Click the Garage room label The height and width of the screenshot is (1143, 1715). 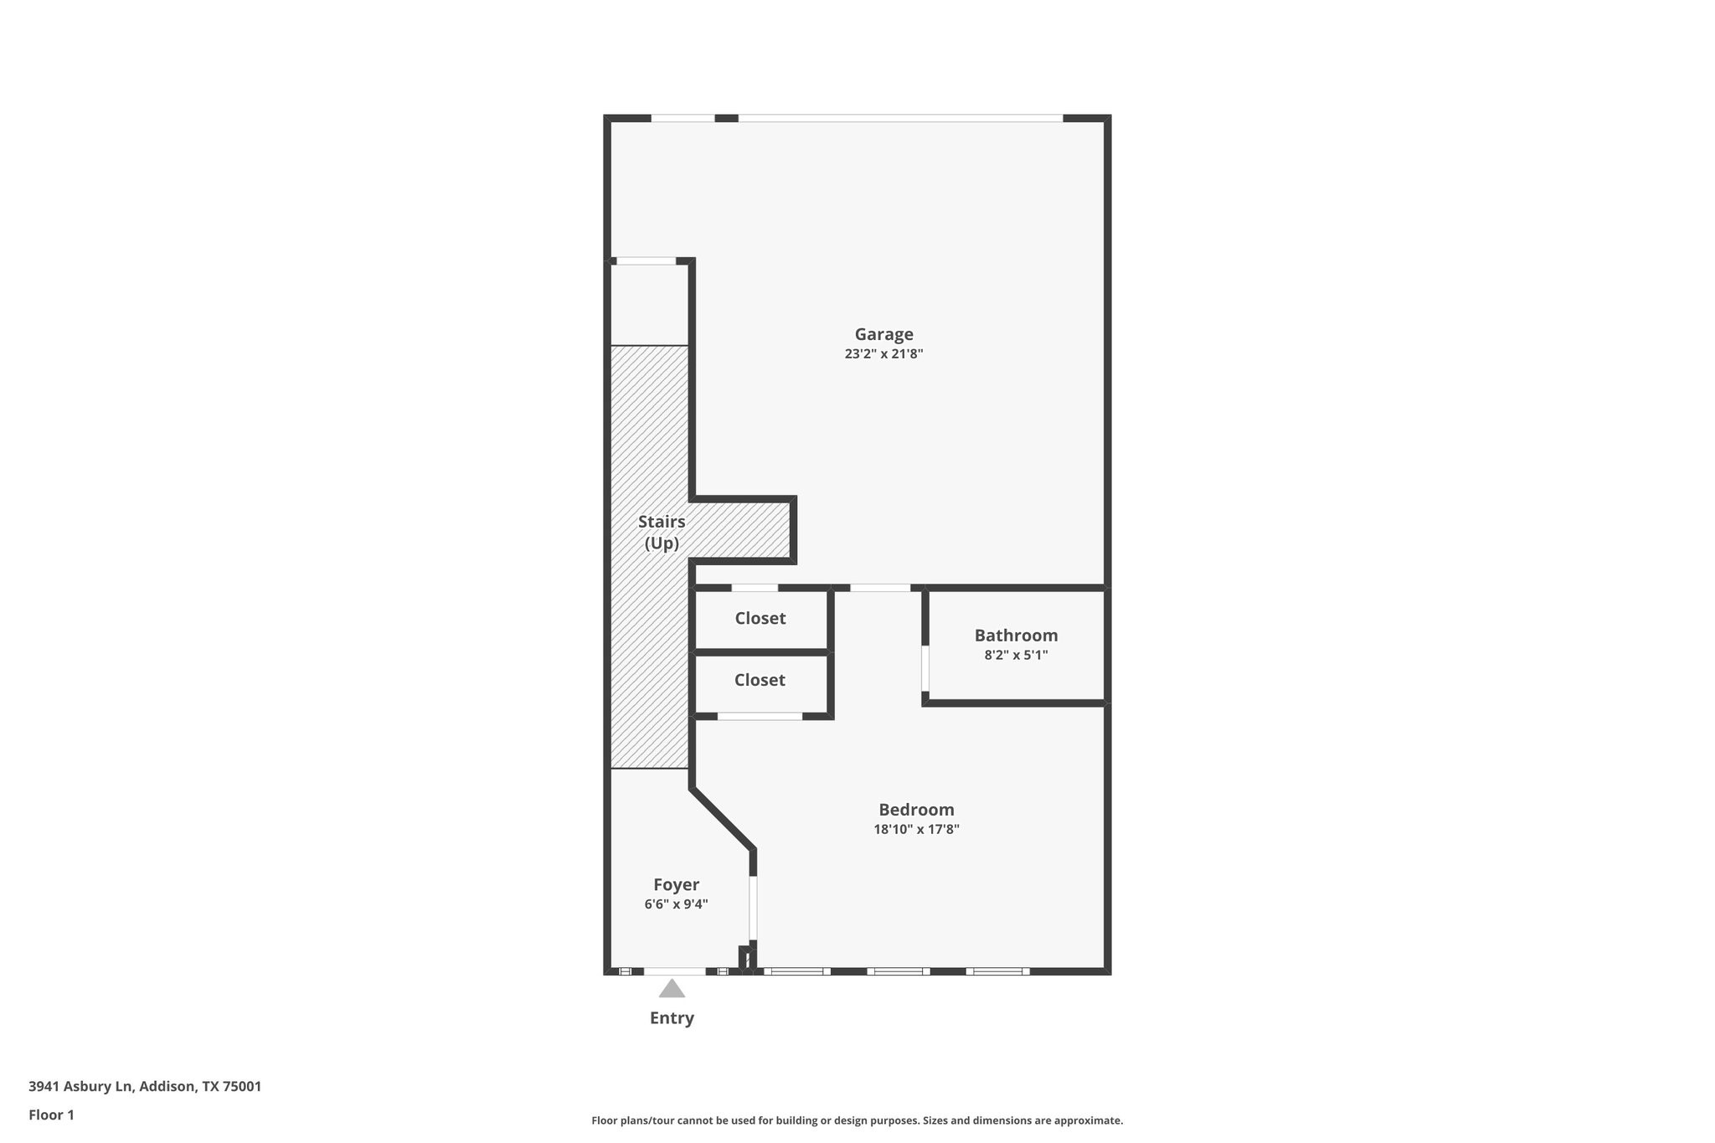tap(883, 334)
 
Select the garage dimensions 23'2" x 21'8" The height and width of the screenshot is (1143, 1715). tap(883, 354)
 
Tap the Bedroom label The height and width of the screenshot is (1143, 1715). tap(916, 810)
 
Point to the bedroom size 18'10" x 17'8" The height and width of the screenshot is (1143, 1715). tap(916, 830)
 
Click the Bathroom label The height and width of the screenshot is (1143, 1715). tap(1016, 636)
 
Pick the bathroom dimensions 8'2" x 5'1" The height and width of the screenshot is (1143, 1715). tap(1016, 655)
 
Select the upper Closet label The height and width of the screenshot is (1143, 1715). tap(760, 618)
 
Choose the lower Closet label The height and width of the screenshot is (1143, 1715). tap(760, 680)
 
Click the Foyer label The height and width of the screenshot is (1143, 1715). tap(676, 885)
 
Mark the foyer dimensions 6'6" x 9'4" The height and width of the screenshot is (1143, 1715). tap(676, 904)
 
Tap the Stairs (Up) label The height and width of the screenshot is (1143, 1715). tap(662, 533)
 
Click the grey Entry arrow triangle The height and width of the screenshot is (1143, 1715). tap(672, 990)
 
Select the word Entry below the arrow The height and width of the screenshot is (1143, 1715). tap(672, 1018)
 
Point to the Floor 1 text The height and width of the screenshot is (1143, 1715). tap(51, 1115)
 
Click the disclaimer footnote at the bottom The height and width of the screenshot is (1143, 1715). tap(857, 1120)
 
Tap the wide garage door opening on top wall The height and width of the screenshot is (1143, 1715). tap(900, 118)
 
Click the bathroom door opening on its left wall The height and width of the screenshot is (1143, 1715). tap(925, 667)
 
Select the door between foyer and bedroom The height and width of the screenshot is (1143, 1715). tap(753, 908)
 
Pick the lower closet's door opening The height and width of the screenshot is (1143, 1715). tap(760, 716)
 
